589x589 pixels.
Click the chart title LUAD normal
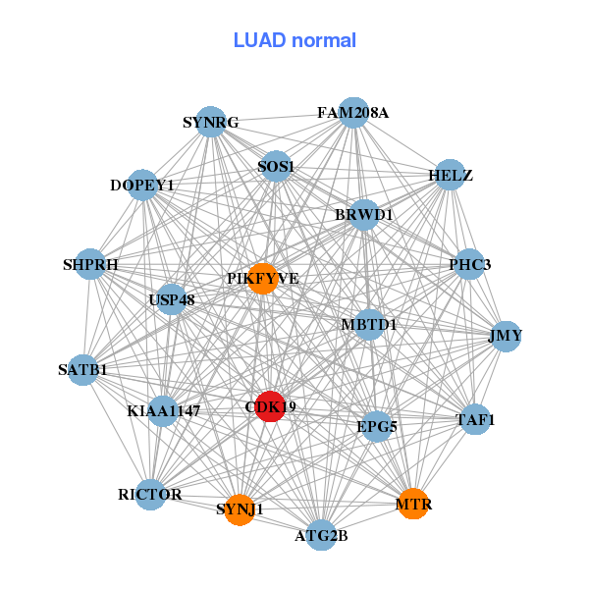point(294,40)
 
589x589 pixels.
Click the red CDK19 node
point(270,405)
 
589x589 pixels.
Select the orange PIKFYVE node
point(262,279)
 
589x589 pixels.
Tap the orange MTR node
point(413,504)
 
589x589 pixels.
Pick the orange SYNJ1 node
point(240,509)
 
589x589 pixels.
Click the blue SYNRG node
point(211,123)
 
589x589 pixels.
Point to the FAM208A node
point(353,113)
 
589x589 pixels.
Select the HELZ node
point(450,176)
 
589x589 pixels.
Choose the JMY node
point(506,336)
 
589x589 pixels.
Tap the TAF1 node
point(475,420)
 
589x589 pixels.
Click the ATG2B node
point(322,535)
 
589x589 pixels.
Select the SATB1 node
point(83,370)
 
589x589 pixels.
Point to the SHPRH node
point(90,264)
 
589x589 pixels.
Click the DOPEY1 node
point(142,185)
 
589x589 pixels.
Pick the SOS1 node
point(276,166)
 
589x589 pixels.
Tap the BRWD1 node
point(363,214)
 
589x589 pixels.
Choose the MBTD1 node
point(369,324)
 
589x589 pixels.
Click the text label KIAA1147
point(163,411)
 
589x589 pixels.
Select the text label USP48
point(172,298)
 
